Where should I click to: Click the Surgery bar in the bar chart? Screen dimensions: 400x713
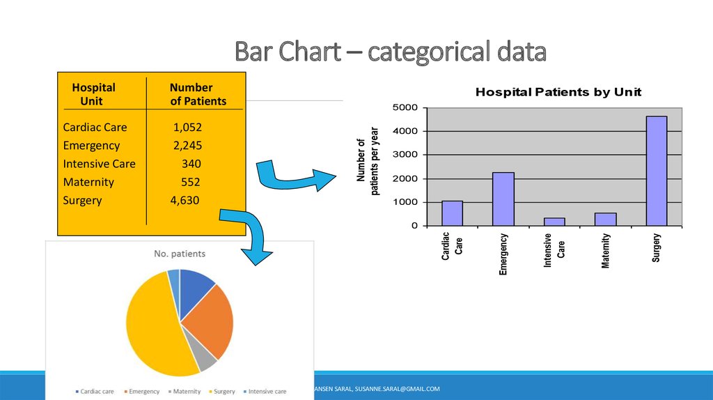tap(656, 171)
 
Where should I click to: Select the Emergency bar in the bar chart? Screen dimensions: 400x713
tap(503, 199)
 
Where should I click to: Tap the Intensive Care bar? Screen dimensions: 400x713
tap(554, 222)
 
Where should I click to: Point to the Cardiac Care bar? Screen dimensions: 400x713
tap(452, 213)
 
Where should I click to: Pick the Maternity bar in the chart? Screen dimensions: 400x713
tap(605, 219)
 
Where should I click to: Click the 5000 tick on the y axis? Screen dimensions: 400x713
tap(405, 107)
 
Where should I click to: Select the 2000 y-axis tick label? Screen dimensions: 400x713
tap(405, 178)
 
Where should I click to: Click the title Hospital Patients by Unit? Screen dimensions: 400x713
tap(558, 92)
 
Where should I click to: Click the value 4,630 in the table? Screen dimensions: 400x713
tap(185, 201)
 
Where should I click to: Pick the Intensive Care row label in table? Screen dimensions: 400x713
tap(99, 164)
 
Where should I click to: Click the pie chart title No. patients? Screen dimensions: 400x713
tap(180, 254)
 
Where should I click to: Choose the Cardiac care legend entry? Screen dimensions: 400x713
tap(95, 392)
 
